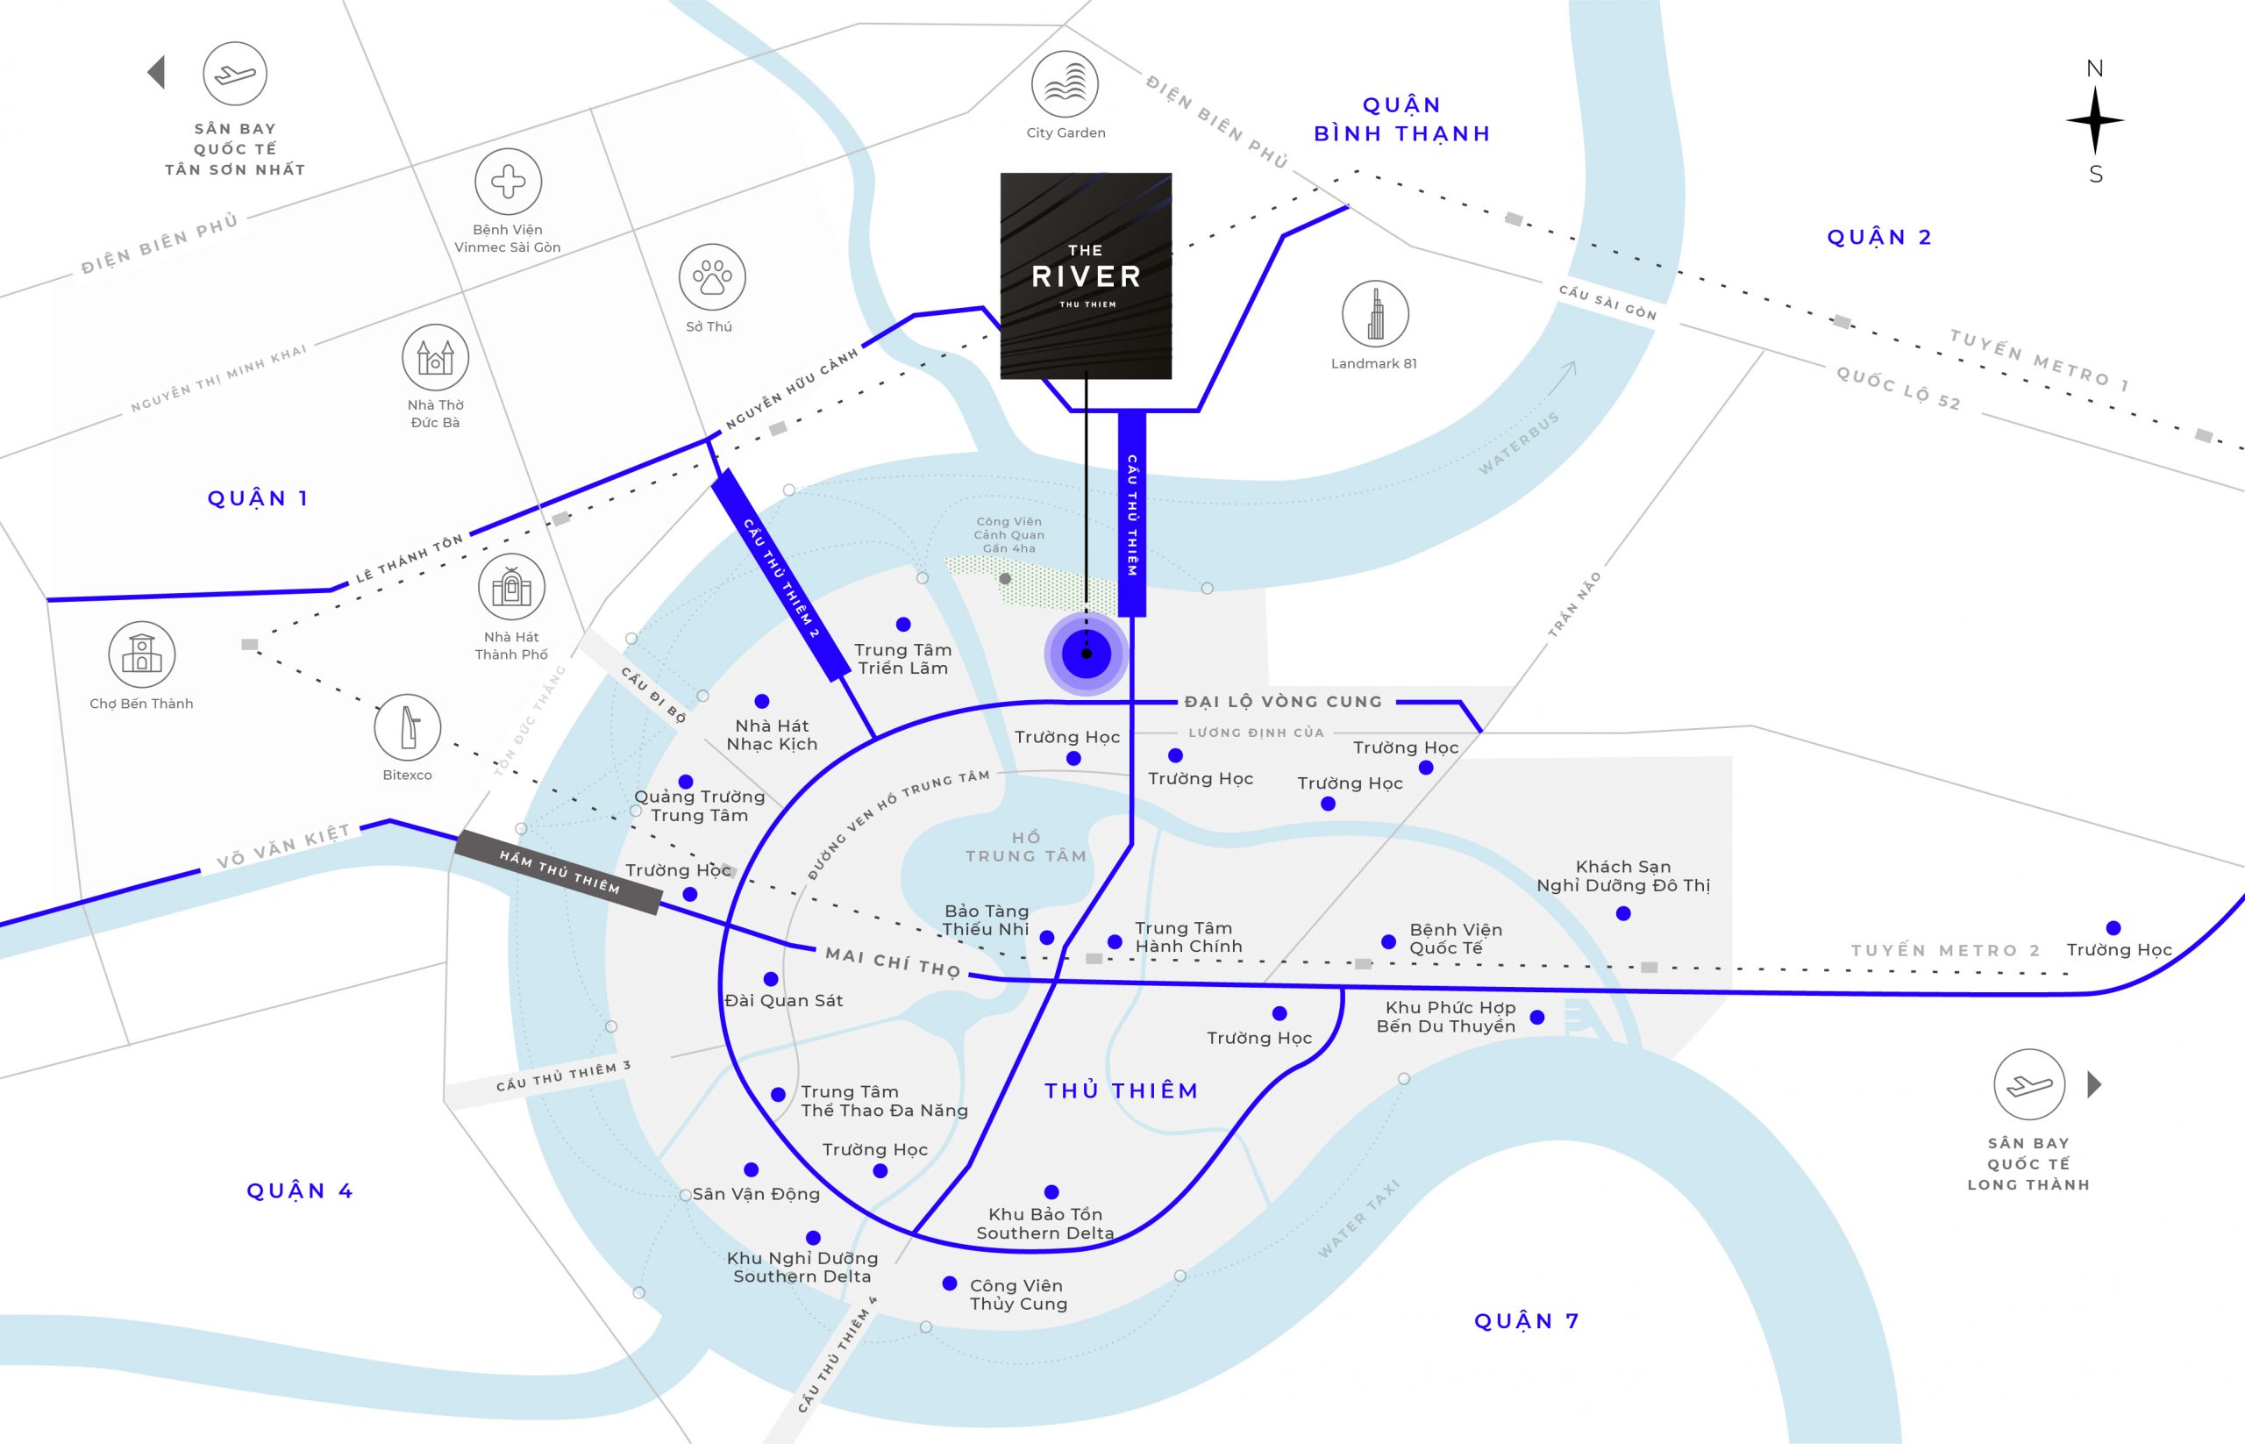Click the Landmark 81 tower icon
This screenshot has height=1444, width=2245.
pyautogui.click(x=1374, y=314)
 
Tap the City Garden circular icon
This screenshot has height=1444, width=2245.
pyautogui.click(x=1065, y=84)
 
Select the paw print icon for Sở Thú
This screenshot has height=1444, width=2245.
pyautogui.click(x=712, y=277)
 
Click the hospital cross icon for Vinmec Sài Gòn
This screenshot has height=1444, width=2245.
pyautogui.click(x=508, y=181)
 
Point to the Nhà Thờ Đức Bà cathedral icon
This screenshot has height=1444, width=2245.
pyautogui.click(x=435, y=357)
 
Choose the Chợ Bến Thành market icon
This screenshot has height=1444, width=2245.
pyautogui.click(x=141, y=654)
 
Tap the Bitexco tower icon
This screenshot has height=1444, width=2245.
pyautogui.click(x=408, y=726)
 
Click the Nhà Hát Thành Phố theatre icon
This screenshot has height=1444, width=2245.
pyautogui.click(x=512, y=586)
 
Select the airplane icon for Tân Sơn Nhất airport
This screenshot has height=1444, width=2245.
pyautogui.click(x=234, y=73)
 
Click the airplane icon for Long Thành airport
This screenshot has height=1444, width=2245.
pyautogui.click(x=2028, y=1085)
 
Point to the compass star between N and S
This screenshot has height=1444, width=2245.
pyautogui.click(x=2095, y=121)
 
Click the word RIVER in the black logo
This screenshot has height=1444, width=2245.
pyautogui.click(x=1087, y=276)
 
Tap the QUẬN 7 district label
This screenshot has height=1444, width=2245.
pyautogui.click(x=1527, y=1321)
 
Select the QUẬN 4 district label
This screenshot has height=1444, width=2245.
pyautogui.click(x=299, y=1190)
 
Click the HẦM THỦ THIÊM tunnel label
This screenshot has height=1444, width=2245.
pyautogui.click(x=559, y=872)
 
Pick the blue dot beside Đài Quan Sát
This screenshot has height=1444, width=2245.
pyautogui.click(x=771, y=979)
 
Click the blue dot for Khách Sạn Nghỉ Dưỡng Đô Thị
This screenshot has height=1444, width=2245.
pyautogui.click(x=1623, y=913)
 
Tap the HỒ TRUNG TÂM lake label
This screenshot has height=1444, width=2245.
pyautogui.click(x=1025, y=847)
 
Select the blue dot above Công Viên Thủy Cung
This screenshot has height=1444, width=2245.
pyautogui.click(x=950, y=1283)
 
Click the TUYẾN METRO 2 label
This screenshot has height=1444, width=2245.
pyautogui.click(x=1945, y=951)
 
